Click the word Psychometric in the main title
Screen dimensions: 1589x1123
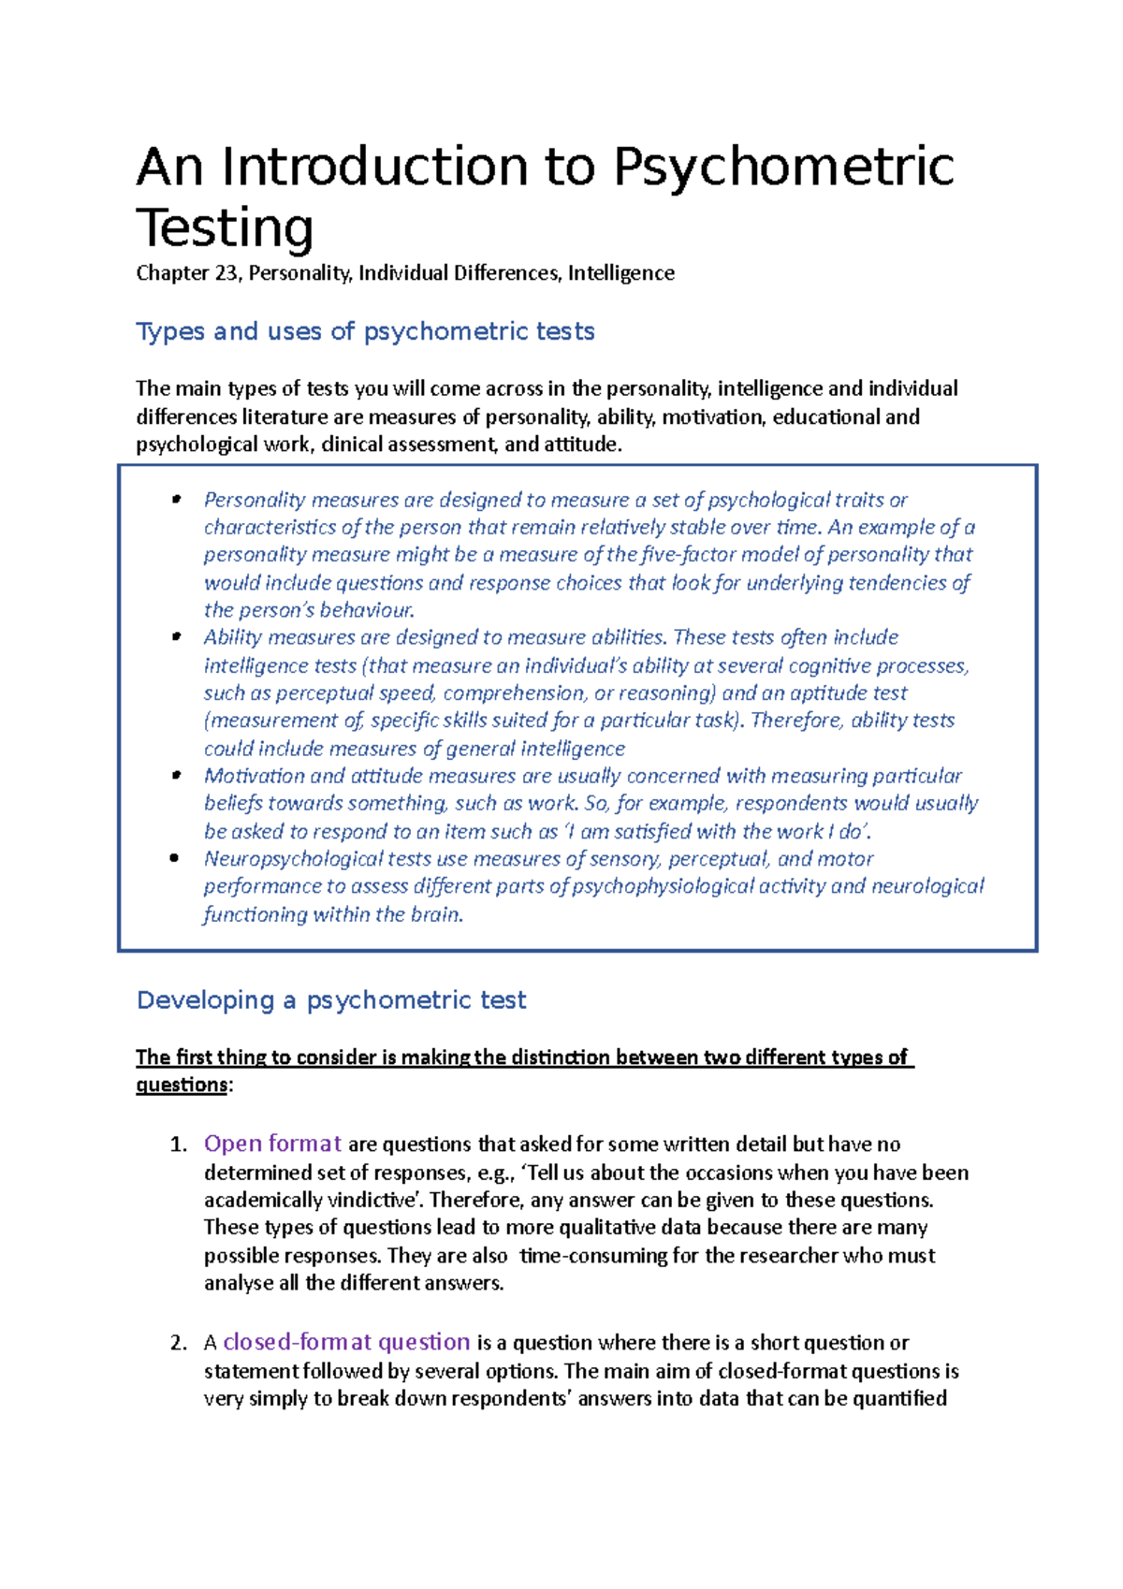click(x=783, y=168)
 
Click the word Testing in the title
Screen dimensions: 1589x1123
click(x=225, y=228)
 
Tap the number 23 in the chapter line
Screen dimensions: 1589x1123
click(x=228, y=273)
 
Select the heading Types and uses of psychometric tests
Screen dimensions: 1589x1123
click(x=365, y=331)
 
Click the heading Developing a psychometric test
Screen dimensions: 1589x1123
click(x=331, y=1000)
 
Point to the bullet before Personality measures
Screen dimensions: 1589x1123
click(x=175, y=500)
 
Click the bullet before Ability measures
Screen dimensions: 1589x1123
click(x=175, y=637)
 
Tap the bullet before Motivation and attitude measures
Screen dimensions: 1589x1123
click(x=175, y=776)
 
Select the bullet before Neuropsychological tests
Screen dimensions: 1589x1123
click(x=175, y=858)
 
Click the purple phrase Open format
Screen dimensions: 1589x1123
click(x=272, y=1144)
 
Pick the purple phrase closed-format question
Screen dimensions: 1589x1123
click(x=346, y=1342)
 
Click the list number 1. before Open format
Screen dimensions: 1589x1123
click(x=179, y=1144)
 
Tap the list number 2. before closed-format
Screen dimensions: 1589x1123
click(x=179, y=1343)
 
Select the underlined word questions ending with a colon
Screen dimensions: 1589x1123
click(x=182, y=1085)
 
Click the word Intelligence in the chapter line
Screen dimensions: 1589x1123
click(x=620, y=273)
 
